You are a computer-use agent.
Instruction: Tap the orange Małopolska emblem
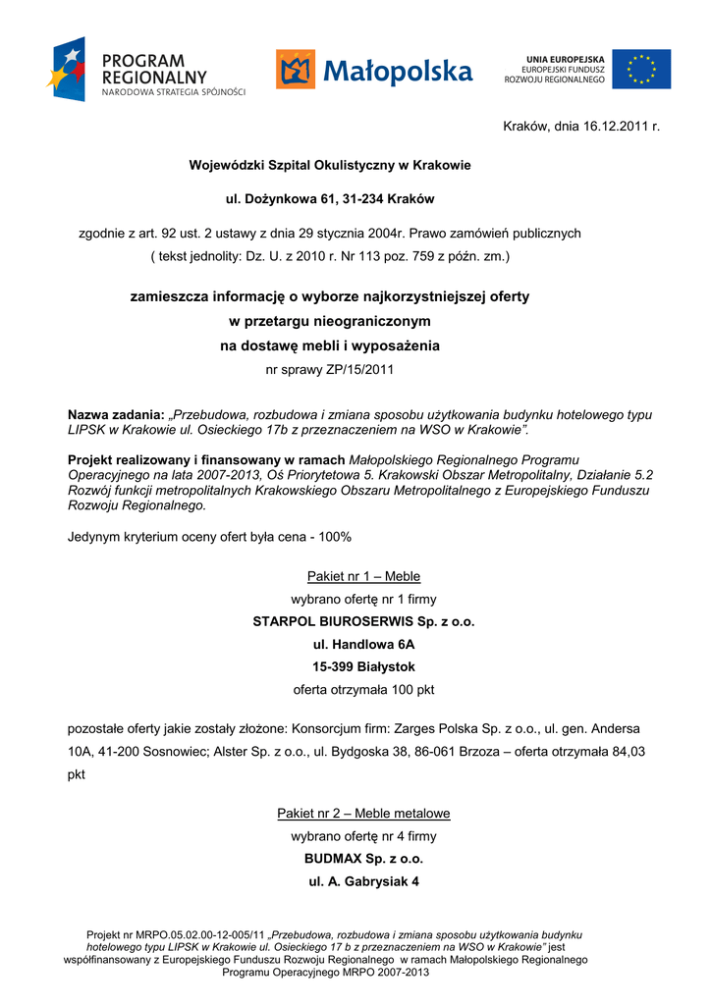(296, 70)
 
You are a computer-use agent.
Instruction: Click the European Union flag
(641, 69)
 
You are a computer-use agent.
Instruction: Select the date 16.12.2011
(615, 127)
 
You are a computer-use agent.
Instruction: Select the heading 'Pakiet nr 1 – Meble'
(363, 576)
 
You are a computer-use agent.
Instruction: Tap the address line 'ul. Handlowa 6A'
(363, 645)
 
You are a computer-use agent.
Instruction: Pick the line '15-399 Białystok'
(363, 667)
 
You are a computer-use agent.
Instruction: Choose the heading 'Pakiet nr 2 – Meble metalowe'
(363, 814)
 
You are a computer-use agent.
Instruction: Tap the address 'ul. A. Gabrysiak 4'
(363, 881)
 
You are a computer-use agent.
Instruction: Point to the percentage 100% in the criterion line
(334, 538)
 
